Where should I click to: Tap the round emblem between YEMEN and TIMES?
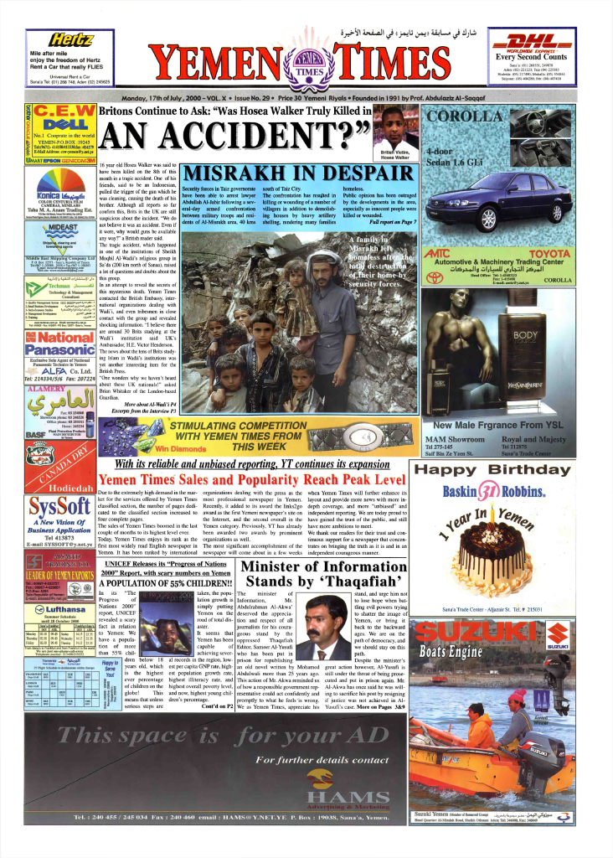(x=307, y=65)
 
